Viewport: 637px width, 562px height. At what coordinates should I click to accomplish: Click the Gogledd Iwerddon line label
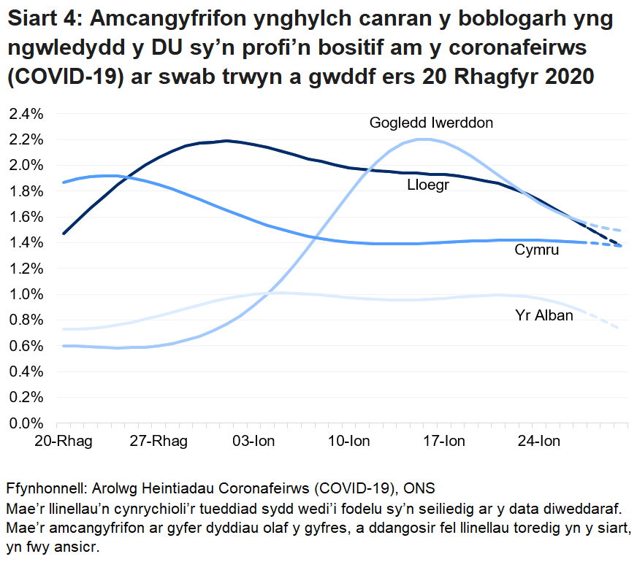[431, 123]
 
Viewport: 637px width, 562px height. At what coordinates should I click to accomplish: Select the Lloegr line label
[427, 186]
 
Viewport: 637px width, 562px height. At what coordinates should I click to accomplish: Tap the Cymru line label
[536, 250]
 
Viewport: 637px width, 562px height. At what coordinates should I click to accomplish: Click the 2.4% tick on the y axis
[26, 114]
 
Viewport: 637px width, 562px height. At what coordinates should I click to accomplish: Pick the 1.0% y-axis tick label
[26, 294]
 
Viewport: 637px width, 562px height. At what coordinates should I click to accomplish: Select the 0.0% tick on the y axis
[26, 423]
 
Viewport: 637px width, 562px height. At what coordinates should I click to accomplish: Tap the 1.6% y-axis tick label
[26, 217]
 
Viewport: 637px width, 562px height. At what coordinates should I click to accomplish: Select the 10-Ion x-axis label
[349, 442]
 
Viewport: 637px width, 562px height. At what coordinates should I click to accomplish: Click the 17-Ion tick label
[444, 442]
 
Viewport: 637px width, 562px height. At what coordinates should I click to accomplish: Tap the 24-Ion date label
[539, 442]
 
